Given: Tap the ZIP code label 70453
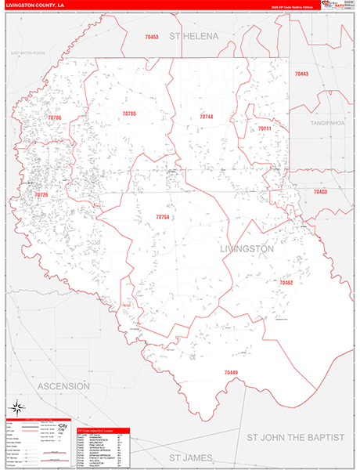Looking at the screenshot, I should (x=152, y=37).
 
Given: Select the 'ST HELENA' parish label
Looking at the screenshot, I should (x=197, y=37).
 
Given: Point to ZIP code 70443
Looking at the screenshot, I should (x=301, y=74).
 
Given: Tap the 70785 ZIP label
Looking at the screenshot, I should (x=129, y=114).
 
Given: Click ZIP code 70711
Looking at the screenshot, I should (x=265, y=128).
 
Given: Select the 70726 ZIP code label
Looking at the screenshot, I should (x=41, y=194).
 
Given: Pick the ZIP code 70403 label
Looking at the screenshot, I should (x=320, y=192).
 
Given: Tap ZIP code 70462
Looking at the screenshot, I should (x=286, y=282).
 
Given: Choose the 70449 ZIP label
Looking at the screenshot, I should (x=231, y=371).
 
